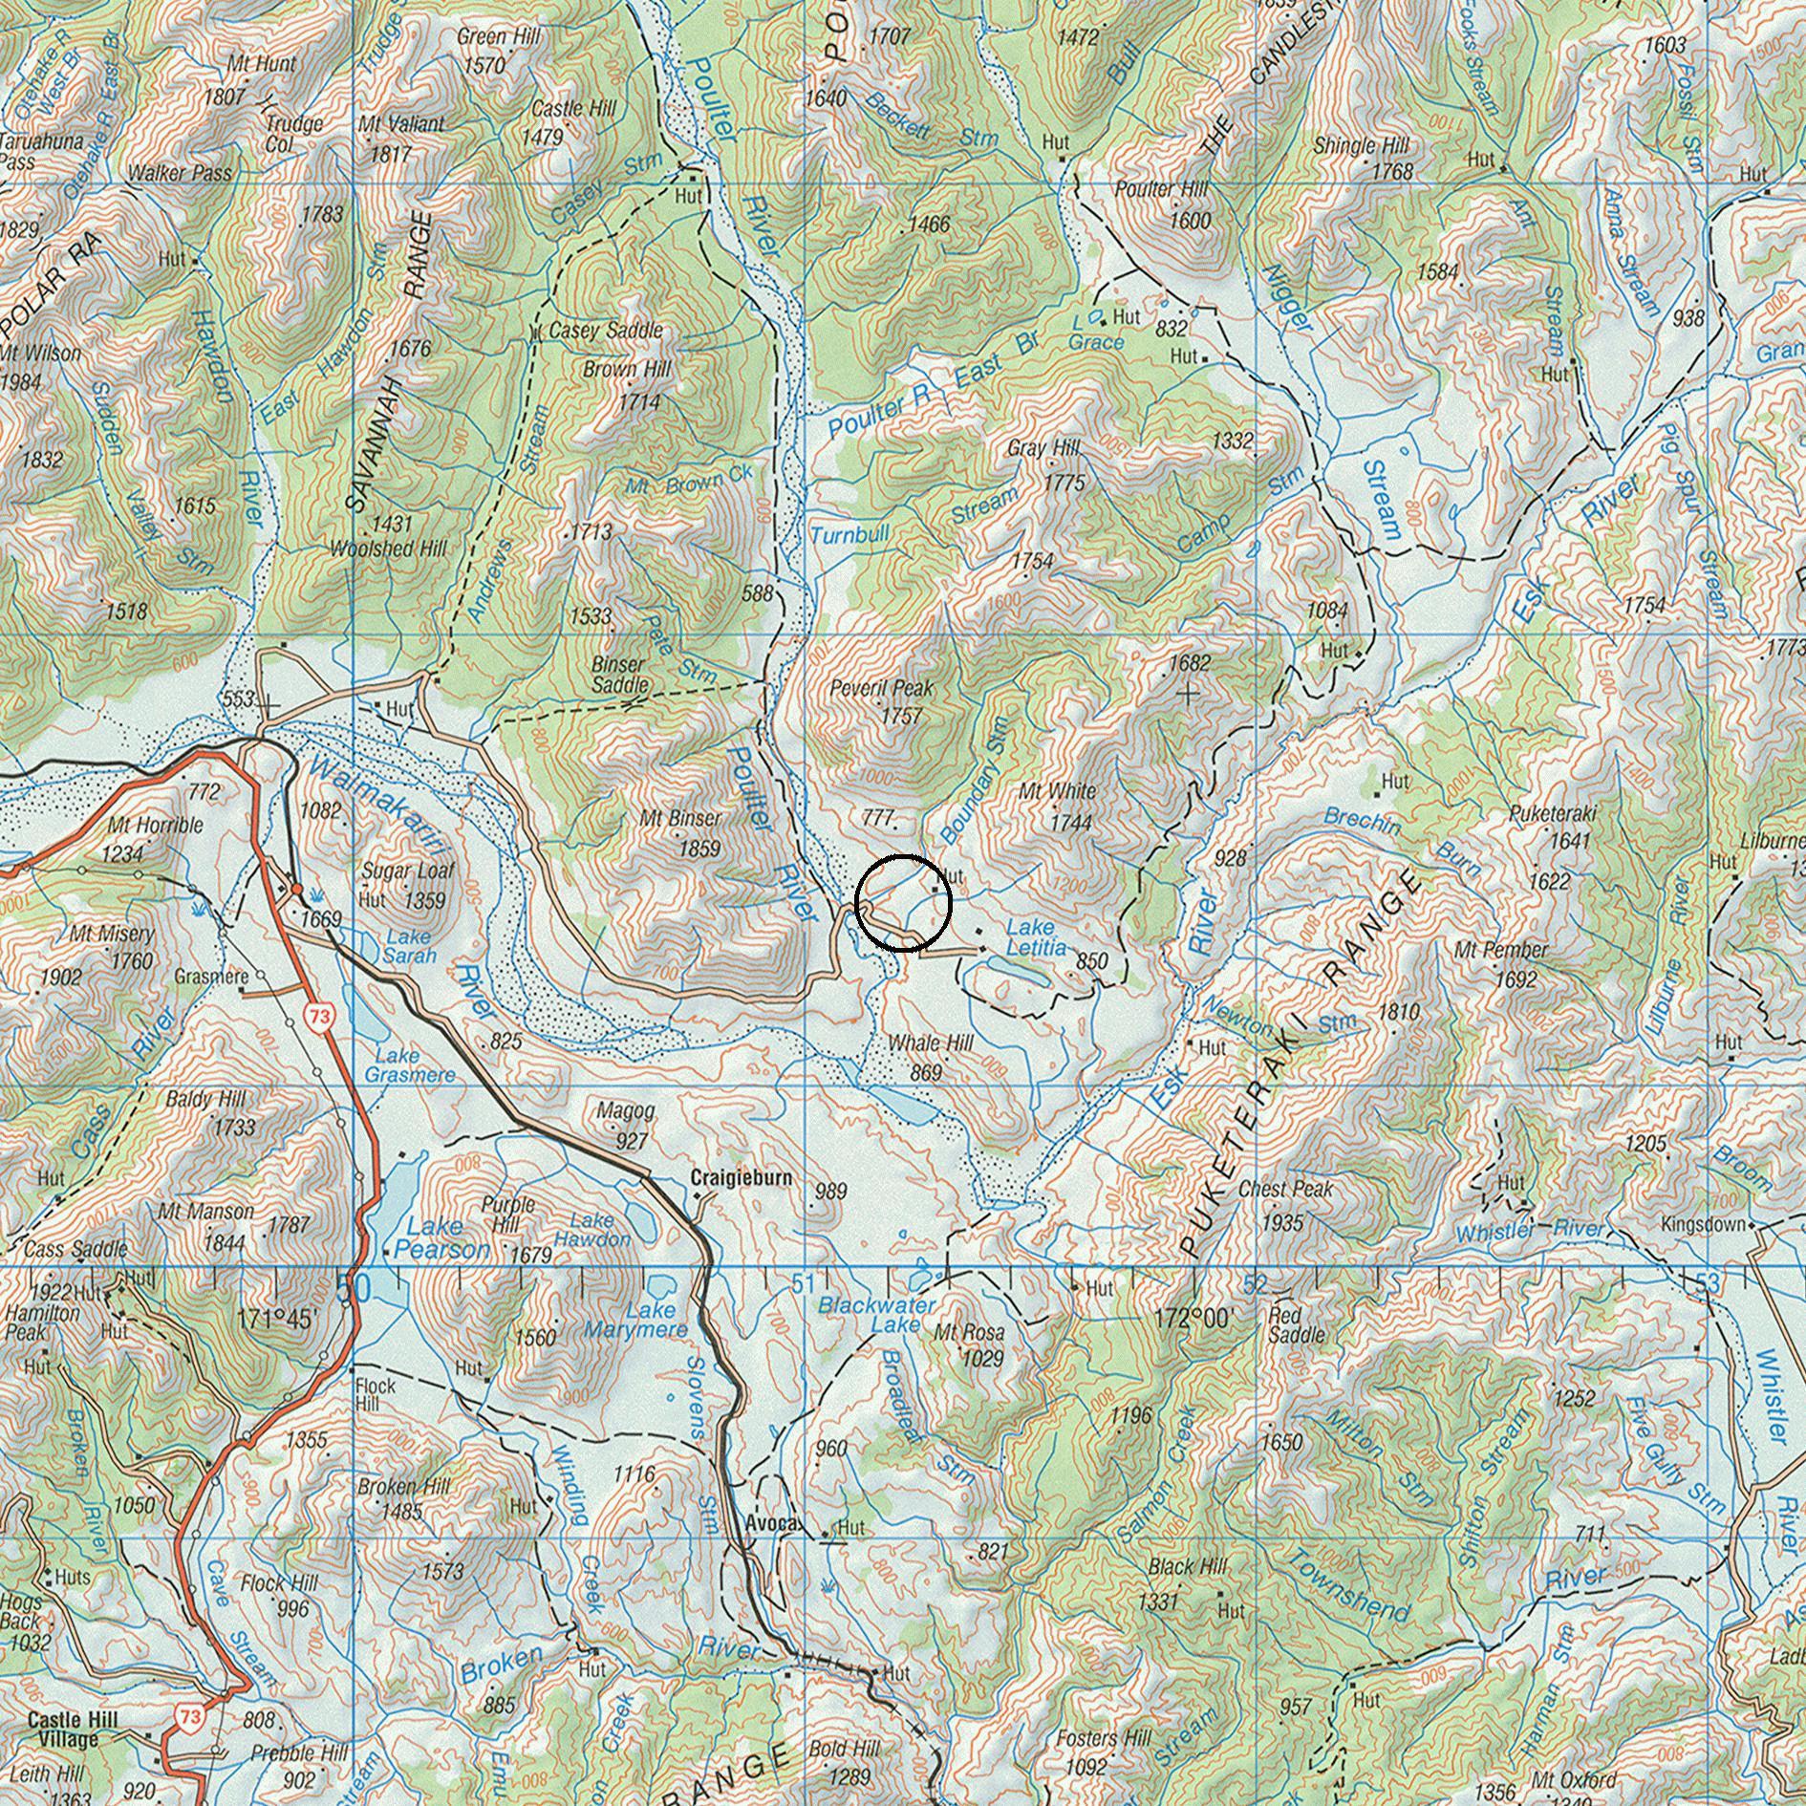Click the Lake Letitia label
click(1036, 937)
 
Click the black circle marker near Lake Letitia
click(903, 903)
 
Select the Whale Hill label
click(930, 1043)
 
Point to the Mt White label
click(1057, 791)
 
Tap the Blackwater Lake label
click(876, 1314)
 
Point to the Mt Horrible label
click(155, 825)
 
